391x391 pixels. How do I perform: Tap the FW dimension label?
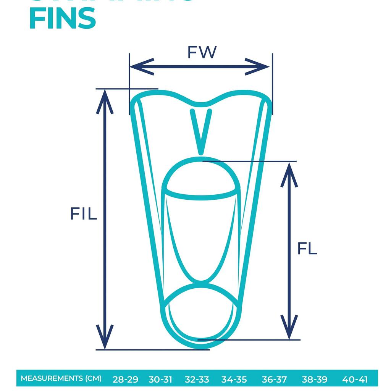tap(202, 52)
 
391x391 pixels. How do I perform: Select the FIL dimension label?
tap(83, 214)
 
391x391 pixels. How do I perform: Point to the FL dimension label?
tap(307, 249)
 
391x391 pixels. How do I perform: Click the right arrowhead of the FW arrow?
tap(260, 67)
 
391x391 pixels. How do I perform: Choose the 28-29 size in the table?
tap(125, 380)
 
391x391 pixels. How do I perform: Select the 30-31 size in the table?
tap(160, 380)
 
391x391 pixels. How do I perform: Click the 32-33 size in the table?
tap(197, 380)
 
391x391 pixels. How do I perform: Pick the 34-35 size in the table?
tap(234, 380)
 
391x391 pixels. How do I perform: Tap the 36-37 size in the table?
tap(274, 380)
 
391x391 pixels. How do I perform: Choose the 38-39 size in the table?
tap(314, 380)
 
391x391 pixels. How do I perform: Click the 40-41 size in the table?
tap(355, 380)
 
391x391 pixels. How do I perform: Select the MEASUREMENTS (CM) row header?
tap(61, 378)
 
